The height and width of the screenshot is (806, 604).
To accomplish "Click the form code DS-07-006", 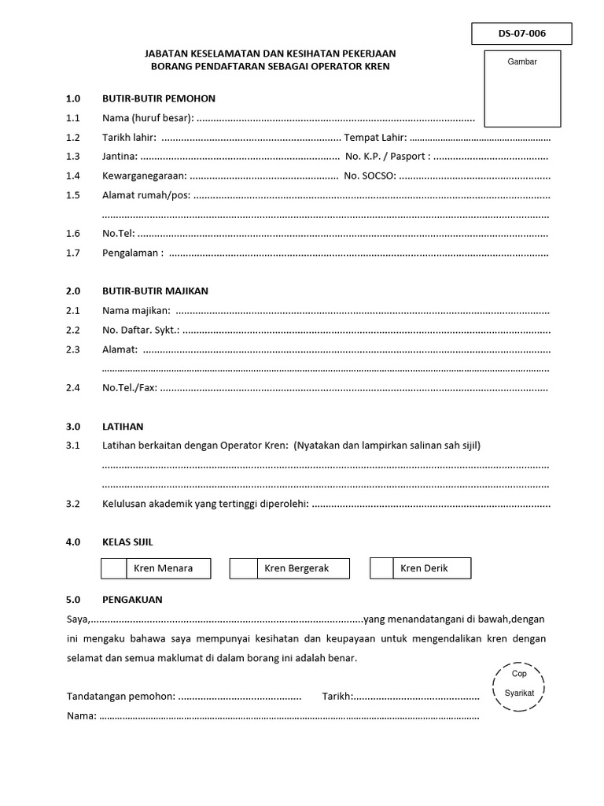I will (x=521, y=34).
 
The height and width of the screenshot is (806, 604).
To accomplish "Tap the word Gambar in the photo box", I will (x=522, y=61).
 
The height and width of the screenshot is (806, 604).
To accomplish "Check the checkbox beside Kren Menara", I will (x=115, y=568).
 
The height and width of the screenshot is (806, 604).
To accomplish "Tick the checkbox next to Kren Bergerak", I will (x=243, y=568).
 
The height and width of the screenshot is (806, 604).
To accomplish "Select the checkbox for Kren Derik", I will (x=381, y=568).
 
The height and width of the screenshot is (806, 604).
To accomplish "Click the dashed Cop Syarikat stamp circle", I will (x=518, y=684).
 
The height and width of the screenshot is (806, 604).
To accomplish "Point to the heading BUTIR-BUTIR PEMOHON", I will (x=158, y=98).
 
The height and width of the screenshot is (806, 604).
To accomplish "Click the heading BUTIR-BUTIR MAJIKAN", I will (x=155, y=290).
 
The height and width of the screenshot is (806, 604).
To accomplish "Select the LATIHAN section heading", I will (x=123, y=427).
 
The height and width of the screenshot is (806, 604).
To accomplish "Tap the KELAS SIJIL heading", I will (x=127, y=542).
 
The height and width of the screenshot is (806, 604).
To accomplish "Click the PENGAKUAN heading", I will (x=132, y=599).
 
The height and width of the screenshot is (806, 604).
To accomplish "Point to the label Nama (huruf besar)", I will (x=147, y=118).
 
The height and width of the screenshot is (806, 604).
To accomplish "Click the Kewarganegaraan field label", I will (x=145, y=176).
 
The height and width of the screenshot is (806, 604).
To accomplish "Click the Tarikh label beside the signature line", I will (x=337, y=697).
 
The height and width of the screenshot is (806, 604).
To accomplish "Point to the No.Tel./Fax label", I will (x=130, y=387).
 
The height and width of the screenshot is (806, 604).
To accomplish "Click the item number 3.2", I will (x=74, y=504).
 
